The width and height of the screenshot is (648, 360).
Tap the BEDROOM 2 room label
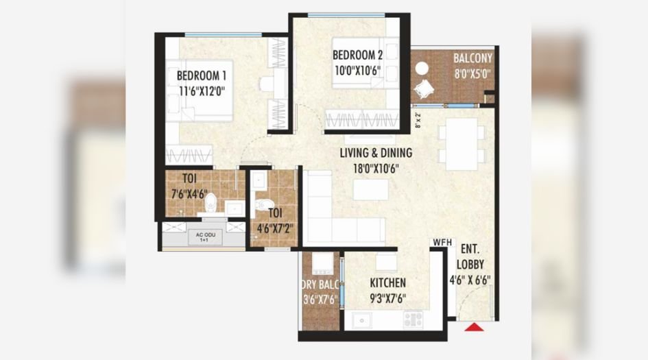[357, 55]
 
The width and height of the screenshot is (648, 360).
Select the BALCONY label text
[472, 59]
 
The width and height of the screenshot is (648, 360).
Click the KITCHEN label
[387, 283]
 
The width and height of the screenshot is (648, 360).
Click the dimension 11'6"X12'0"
[202, 90]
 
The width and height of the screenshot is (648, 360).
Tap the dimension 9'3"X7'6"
[387, 298]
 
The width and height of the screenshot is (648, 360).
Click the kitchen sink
[361, 320]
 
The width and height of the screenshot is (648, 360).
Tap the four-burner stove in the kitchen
[413, 319]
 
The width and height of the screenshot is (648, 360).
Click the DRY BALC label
[319, 283]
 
